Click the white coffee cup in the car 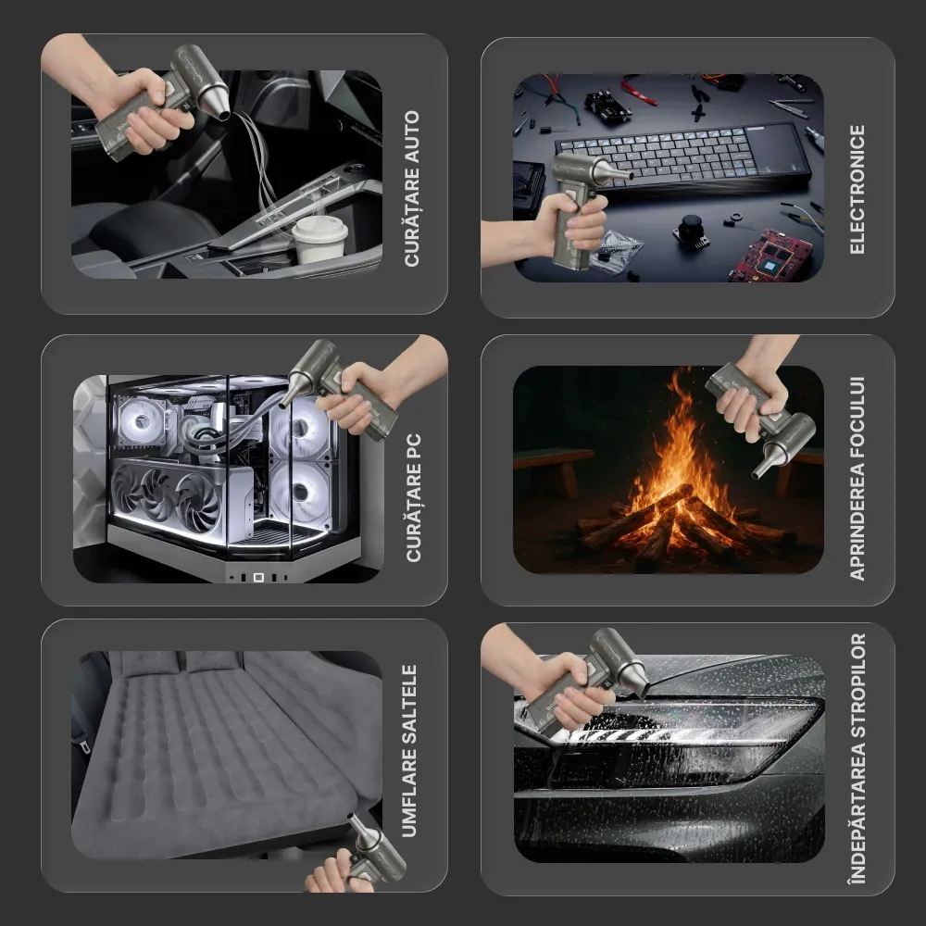coord(319,239)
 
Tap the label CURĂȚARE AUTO coord(412,188)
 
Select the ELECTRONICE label coord(857,190)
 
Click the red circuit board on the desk coord(770,256)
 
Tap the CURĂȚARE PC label coord(413,498)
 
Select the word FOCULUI coord(857,419)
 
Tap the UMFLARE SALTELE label coord(409,751)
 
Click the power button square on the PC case coord(258,577)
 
